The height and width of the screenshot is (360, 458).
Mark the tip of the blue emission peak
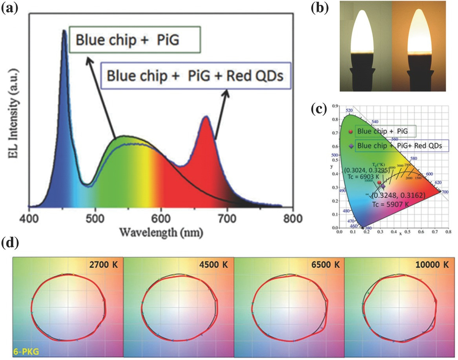64,31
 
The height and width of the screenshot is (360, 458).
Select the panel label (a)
9,8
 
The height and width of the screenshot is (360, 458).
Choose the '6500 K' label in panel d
324,265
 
